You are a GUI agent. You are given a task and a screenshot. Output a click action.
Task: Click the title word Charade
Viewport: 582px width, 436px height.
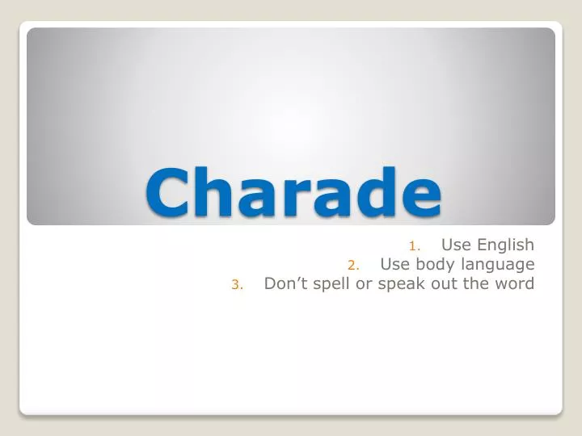[294, 191]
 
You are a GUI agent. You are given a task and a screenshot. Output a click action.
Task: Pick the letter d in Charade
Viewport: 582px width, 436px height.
[373, 191]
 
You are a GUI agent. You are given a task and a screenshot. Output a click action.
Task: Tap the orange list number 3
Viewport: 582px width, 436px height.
[236, 284]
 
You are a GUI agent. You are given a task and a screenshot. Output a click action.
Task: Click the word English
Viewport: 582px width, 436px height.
[504, 245]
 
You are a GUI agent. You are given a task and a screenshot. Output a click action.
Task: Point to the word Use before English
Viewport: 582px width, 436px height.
[455, 245]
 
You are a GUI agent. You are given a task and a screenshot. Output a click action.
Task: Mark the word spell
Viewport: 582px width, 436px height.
[331, 285]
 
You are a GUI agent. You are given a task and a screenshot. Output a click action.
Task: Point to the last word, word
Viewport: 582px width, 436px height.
[514, 283]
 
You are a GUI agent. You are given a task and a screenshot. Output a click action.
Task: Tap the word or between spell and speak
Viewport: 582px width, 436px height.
[365, 285]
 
